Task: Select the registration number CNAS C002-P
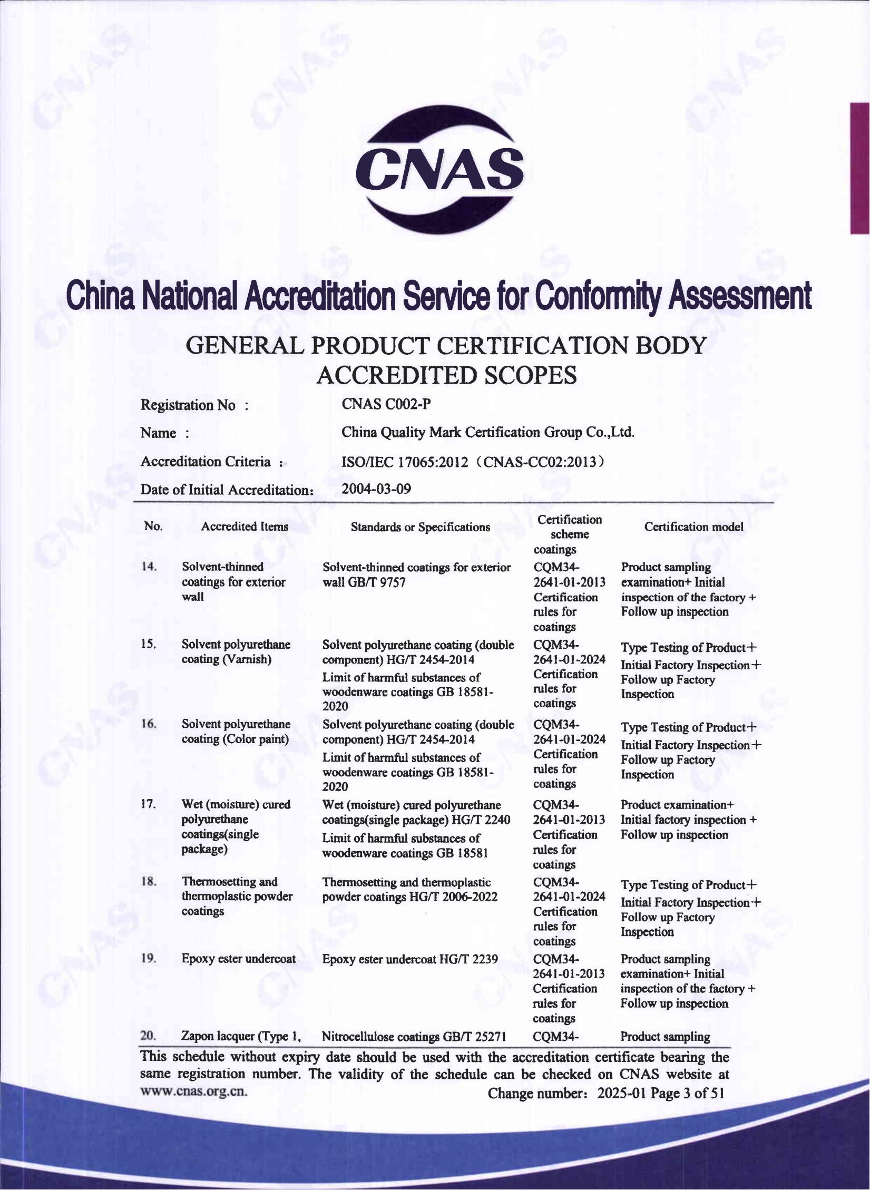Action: pos(386,404)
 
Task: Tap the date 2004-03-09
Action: pos(376,489)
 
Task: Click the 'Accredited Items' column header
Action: pos(245,526)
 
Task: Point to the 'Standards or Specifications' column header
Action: pos(420,527)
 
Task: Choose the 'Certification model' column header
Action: pos(693,527)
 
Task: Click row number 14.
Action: pos(150,567)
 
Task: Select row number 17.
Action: pos(149,804)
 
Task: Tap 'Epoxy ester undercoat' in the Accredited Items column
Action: pos(238,958)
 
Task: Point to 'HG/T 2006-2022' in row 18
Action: pos(453,896)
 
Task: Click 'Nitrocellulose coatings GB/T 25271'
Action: pos(414,1037)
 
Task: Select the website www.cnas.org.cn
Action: pos(193,1090)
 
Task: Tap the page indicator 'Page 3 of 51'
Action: pos(687,1093)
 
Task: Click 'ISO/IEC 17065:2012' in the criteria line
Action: pos(405,462)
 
